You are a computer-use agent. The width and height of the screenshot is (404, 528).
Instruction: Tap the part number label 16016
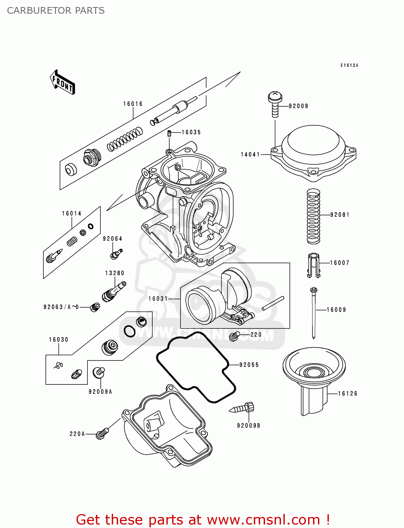tap(133, 104)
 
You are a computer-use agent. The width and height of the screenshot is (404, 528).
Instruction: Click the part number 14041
tap(250, 155)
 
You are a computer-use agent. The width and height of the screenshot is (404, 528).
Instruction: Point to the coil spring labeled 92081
tap(313, 216)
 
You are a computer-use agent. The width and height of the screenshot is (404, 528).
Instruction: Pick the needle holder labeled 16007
tap(313, 265)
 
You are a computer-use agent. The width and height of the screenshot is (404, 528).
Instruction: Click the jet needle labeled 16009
tap(314, 312)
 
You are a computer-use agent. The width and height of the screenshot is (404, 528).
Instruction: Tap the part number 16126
tap(348, 394)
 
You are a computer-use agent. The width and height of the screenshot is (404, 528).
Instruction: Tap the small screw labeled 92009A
tap(98, 372)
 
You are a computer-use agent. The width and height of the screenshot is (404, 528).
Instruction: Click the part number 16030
tap(59, 340)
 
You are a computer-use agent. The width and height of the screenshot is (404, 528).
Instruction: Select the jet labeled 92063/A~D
tap(95, 307)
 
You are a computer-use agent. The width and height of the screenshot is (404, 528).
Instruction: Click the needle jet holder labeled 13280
tap(114, 290)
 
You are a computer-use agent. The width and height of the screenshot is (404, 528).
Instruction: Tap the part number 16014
tap(72, 213)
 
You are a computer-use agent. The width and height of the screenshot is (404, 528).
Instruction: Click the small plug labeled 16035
tap(169, 133)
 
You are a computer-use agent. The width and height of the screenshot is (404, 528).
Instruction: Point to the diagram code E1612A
tap(349, 65)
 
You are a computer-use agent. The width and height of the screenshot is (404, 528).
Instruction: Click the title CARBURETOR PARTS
tap(56, 11)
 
